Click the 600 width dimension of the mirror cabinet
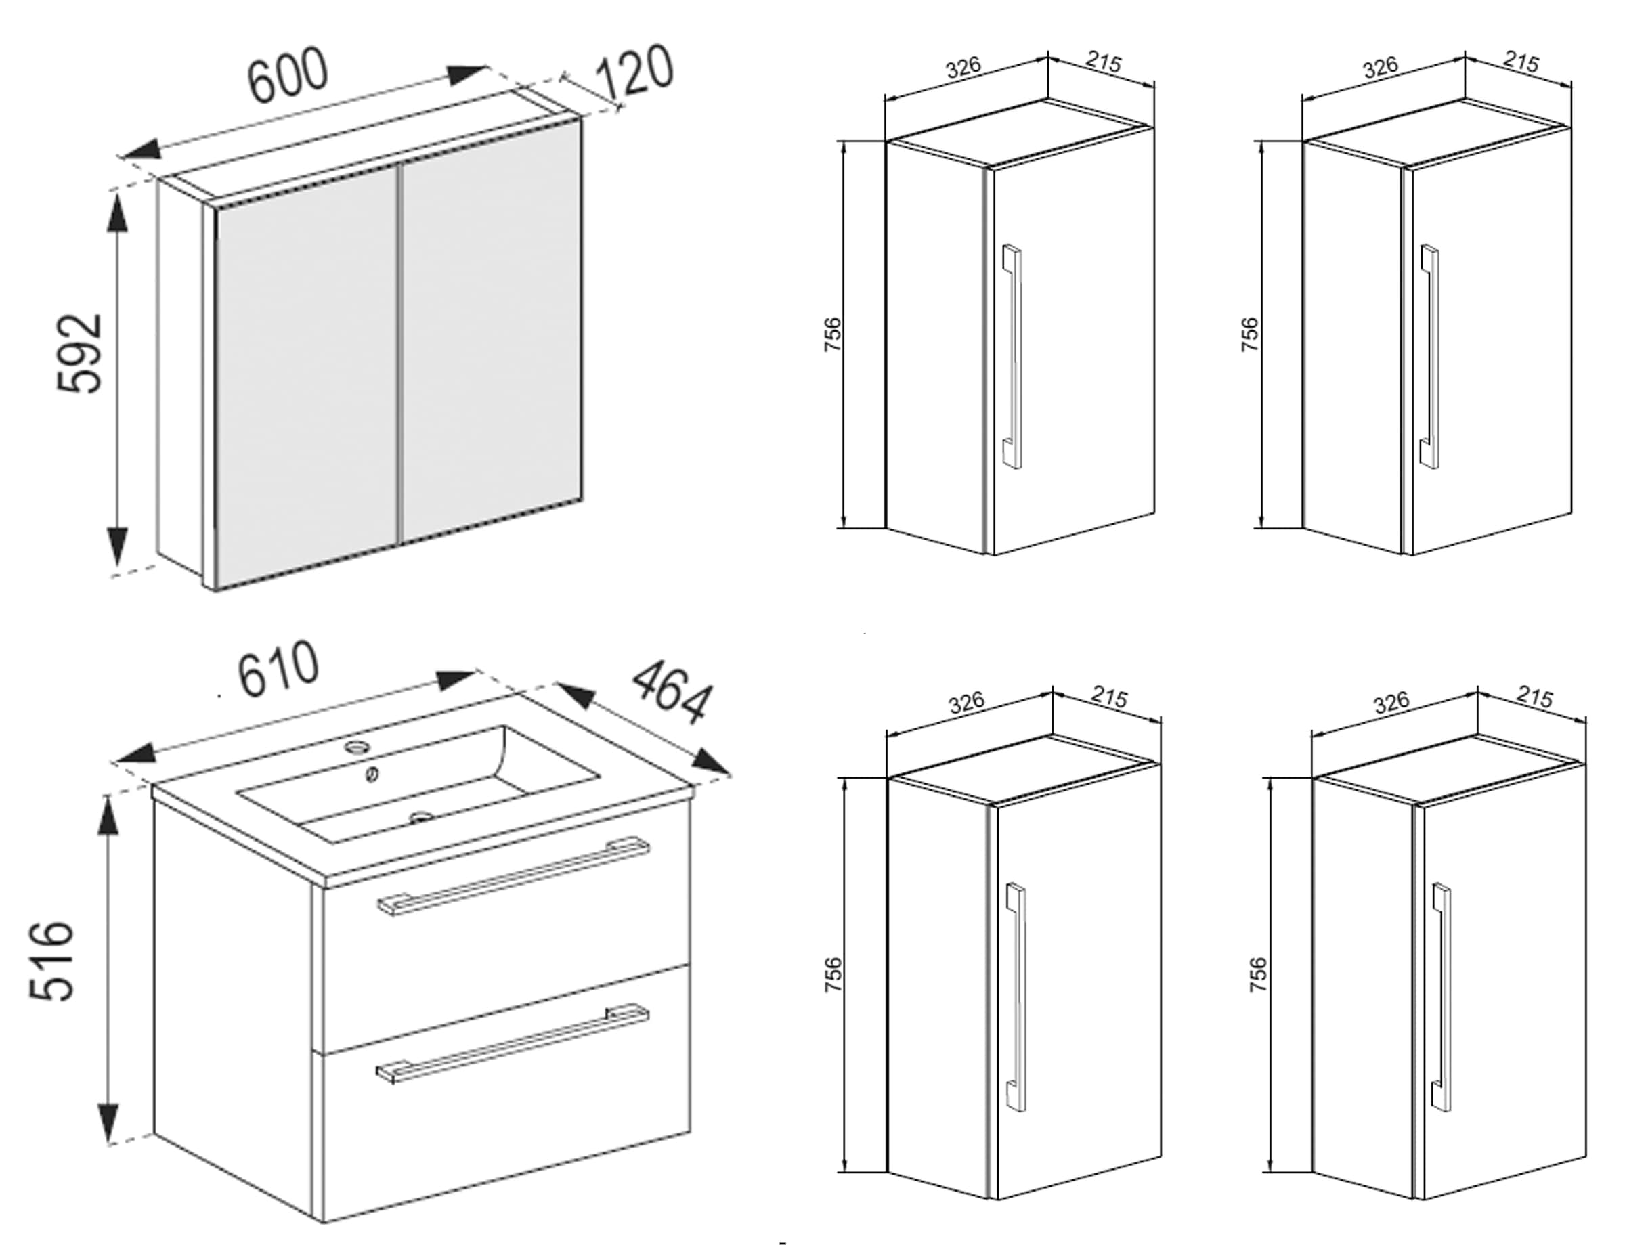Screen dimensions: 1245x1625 [287, 74]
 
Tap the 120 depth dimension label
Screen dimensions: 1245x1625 [635, 72]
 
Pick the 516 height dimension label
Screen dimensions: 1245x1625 [52, 961]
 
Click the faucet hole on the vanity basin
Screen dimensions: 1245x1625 [360, 745]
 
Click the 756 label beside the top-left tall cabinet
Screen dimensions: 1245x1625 [833, 334]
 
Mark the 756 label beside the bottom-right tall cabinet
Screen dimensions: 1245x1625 [1257, 976]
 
